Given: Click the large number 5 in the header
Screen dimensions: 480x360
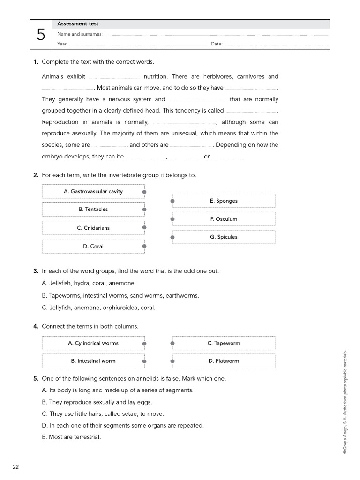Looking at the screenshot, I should click(x=41, y=34).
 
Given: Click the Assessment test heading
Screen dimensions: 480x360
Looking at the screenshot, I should click(x=78, y=24).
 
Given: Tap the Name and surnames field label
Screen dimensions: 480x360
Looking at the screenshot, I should click(x=80, y=34).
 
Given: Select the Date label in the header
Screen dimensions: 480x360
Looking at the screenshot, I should click(x=216, y=44).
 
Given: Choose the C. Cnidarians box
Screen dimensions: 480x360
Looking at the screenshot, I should click(x=93, y=228).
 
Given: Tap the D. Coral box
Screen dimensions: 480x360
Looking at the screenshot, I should click(x=93, y=246).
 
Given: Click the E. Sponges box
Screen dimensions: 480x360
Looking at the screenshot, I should click(x=224, y=201).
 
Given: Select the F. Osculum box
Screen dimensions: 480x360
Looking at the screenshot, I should click(x=224, y=219).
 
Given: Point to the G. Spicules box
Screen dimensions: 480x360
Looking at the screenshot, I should click(x=224, y=237).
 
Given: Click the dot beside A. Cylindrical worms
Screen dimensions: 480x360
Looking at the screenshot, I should click(x=144, y=344).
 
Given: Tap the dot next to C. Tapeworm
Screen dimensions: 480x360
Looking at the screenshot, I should click(x=172, y=344).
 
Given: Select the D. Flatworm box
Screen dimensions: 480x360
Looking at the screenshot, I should click(x=224, y=361).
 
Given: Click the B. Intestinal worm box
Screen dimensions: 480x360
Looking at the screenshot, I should click(x=93, y=361).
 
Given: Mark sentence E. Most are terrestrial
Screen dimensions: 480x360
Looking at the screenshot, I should click(x=71, y=437).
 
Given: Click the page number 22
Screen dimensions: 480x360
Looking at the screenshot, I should click(x=16, y=467).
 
